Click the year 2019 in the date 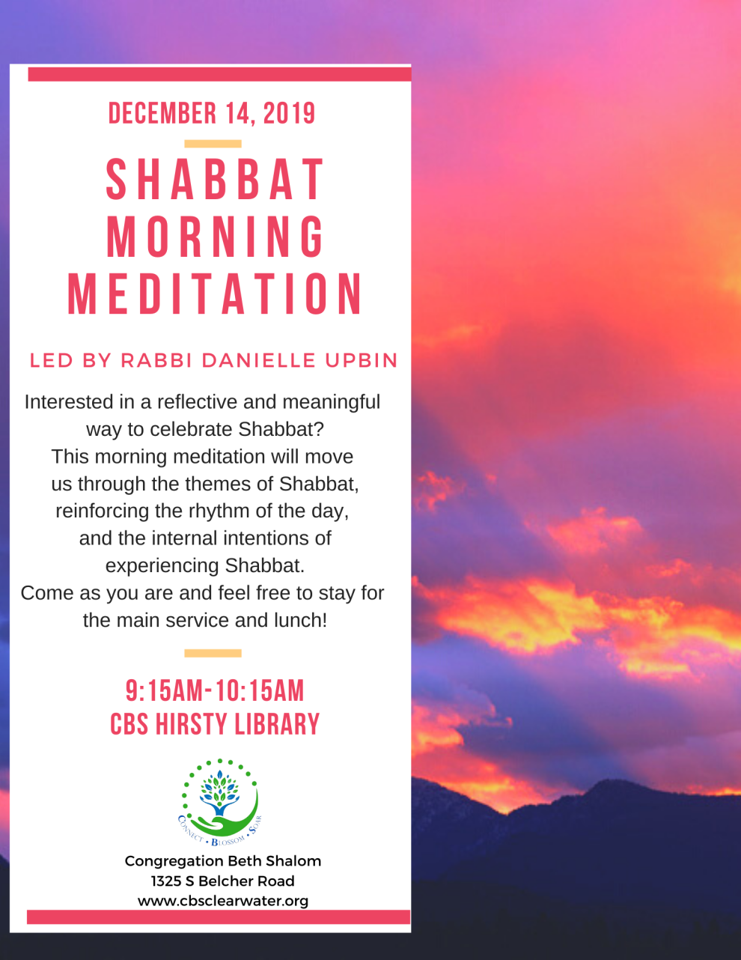(289, 113)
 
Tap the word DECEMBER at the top (162, 113)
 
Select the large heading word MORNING (216, 237)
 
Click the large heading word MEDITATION (215, 294)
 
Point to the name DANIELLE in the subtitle (258, 360)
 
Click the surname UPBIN (362, 360)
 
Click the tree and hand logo (220, 802)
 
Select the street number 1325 (166, 881)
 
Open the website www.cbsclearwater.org (223, 902)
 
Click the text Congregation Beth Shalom (223, 861)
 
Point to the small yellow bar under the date (213, 144)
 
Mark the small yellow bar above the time (213, 654)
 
